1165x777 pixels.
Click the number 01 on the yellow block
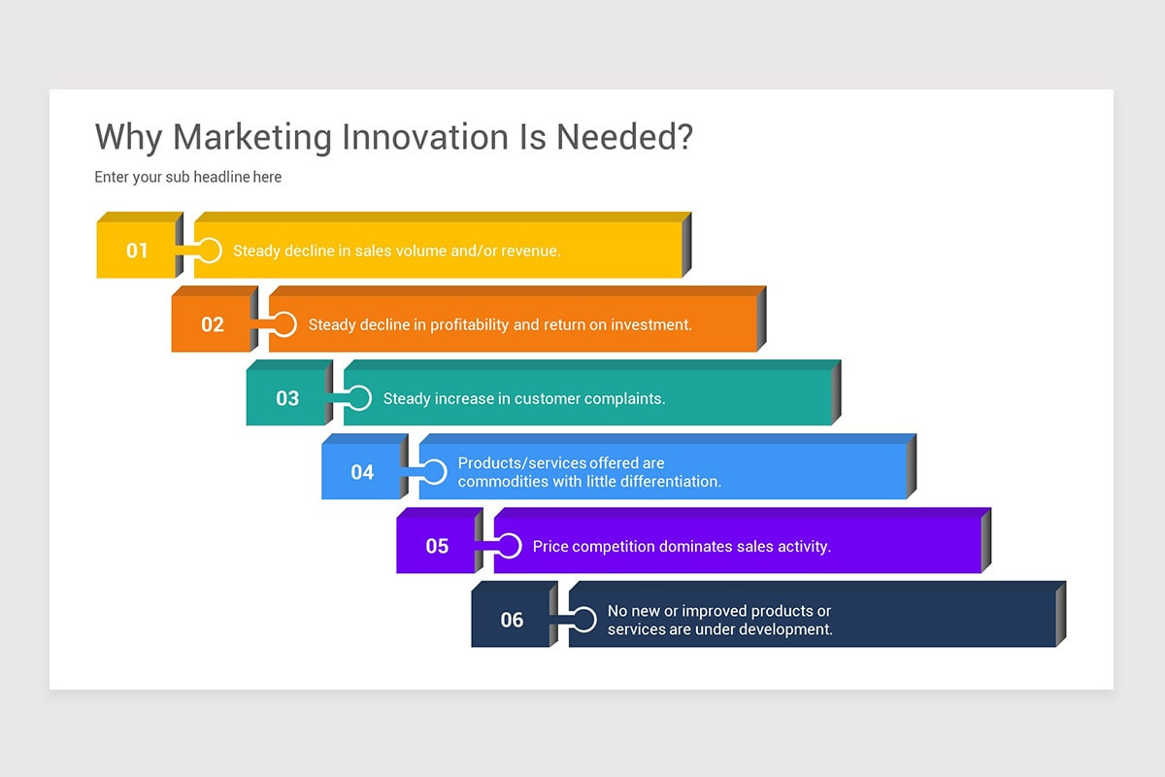tap(137, 251)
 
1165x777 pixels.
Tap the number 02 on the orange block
tap(213, 324)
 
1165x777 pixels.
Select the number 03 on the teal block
tap(287, 398)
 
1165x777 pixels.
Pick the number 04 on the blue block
tap(362, 473)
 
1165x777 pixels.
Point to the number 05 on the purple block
tap(437, 547)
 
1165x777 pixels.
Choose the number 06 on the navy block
tap(512, 621)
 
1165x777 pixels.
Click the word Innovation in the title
tap(425, 137)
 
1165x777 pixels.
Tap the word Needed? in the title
tap(624, 137)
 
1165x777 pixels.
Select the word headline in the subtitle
tap(221, 177)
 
